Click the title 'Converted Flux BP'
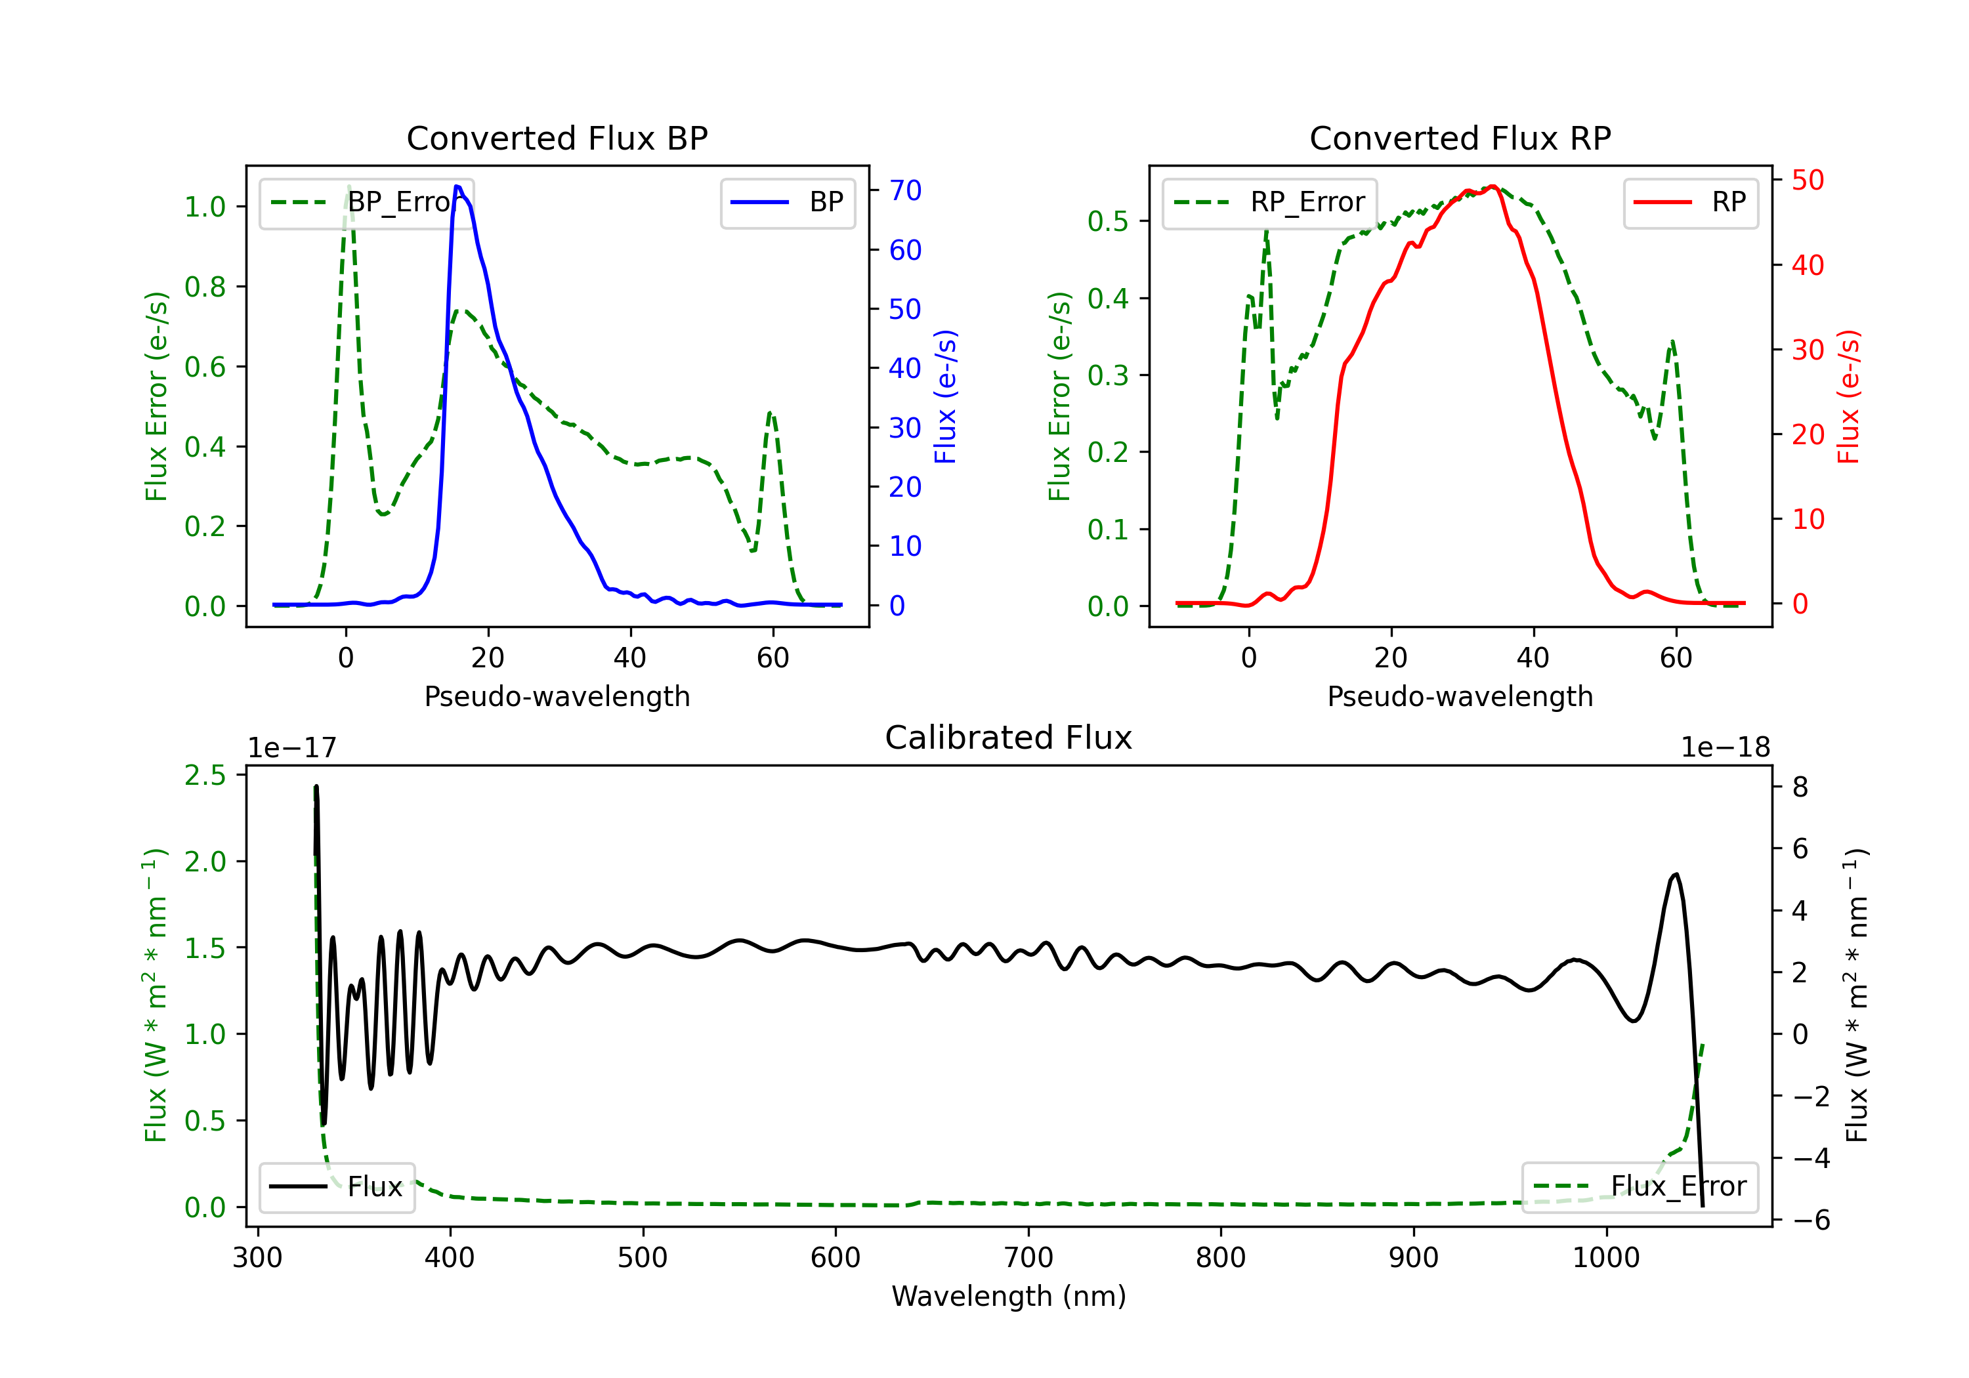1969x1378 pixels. (x=557, y=138)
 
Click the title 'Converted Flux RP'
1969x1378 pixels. (x=1460, y=138)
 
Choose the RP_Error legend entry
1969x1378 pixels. (x=1269, y=202)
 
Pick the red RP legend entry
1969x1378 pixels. (x=1690, y=202)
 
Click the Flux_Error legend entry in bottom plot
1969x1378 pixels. (x=1640, y=1187)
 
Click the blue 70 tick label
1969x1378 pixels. (x=904, y=190)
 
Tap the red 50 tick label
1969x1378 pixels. (x=1807, y=180)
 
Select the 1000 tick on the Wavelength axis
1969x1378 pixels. (x=1605, y=1258)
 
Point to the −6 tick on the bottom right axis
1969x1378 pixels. (x=1810, y=1221)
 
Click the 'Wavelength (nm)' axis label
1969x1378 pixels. (x=1009, y=1297)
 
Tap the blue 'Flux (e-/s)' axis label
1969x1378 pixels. (x=944, y=397)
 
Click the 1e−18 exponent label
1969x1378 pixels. (x=1725, y=748)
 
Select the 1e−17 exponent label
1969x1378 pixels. (x=291, y=748)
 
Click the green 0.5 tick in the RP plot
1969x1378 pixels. (x=1107, y=221)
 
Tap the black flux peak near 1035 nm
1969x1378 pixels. (x=1676, y=875)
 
